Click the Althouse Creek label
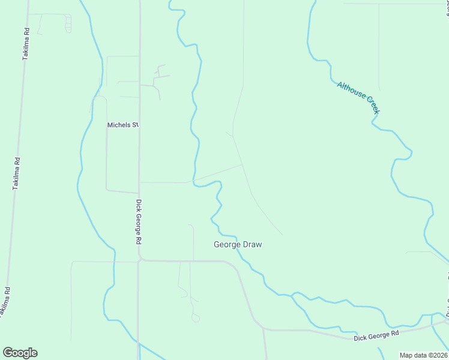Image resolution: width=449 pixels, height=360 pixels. click(x=358, y=98)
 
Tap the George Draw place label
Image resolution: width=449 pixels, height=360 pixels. click(x=238, y=245)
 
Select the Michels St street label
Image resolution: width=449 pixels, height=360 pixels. click(x=122, y=125)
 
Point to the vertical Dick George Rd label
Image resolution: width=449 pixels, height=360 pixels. click(x=138, y=221)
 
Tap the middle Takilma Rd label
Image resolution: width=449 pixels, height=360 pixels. click(x=17, y=174)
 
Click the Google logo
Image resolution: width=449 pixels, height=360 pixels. click(x=20, y=352)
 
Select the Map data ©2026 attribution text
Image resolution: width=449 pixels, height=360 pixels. click(x=423, y=355)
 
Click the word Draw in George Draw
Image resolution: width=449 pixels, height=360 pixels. click(x=252, y=245)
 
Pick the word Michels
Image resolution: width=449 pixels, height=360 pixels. click(x=118, y=125)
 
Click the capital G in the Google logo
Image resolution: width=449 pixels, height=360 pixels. click(x=8, y=352)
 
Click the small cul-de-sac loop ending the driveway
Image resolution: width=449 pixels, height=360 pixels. click(x=196, y=319)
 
